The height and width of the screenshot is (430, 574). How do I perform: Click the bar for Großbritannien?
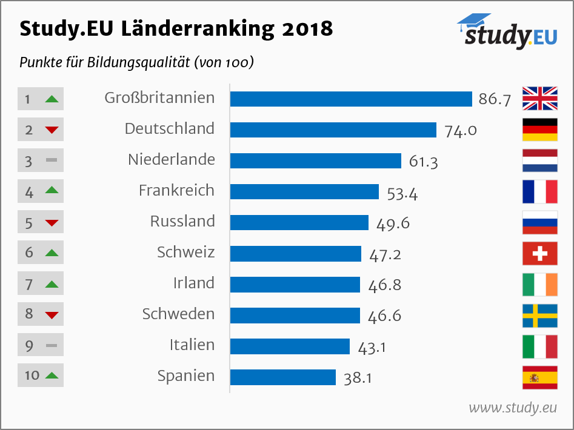[x=351, y=99]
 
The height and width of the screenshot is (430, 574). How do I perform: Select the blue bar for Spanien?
[x=283, y=377]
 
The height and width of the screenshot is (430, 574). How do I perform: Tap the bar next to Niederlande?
[x=316, y=160]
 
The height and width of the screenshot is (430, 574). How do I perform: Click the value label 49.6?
[x=393, y=223]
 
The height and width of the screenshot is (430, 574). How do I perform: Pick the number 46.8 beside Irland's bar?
[x=384, y=285]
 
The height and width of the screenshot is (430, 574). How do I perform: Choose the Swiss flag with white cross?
[x=540, y=253]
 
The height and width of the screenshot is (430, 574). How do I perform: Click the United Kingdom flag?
[x=540, y=99]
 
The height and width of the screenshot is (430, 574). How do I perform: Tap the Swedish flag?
[x=540, y=315]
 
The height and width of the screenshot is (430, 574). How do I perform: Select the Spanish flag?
[x=540, y=377]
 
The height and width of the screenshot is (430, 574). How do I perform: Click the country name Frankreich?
[x=176, y=190]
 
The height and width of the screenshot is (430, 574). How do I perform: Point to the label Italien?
[x=192, y=345]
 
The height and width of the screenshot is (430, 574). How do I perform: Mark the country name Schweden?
[x=178, y=314]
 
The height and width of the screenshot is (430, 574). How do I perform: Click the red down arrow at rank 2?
[x=52, y=130]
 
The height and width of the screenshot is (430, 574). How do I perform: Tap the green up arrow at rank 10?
[x=52, y=375]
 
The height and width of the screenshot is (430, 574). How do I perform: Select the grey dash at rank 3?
[x=52, y=160]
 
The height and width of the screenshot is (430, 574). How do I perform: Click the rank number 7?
[x=28, y=283]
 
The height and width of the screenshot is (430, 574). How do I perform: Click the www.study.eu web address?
[x=513, y=408]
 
